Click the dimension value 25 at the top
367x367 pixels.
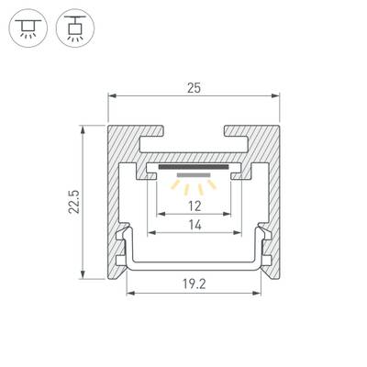193,89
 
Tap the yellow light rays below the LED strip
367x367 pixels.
193,184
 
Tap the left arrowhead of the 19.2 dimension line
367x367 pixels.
129,294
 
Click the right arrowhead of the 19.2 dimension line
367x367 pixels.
256,294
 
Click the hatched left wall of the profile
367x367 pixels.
117,202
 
